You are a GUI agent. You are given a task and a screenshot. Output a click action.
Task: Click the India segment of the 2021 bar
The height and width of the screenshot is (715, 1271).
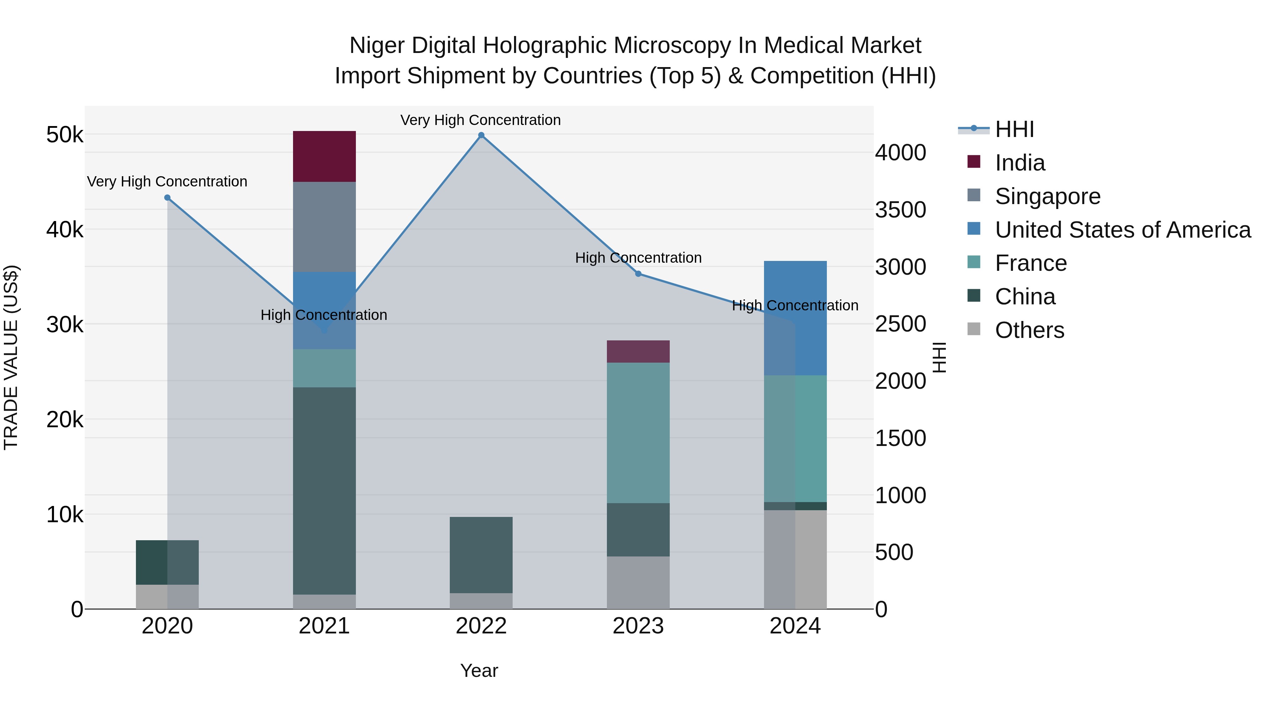pos(324,156)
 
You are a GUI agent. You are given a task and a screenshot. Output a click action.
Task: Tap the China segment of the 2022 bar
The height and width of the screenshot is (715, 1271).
pos(481,555)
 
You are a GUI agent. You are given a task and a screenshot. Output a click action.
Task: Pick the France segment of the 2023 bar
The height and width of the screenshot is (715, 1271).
pos(638,433)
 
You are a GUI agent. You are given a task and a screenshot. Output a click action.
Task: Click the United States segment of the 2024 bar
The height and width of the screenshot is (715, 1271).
pos(795,318)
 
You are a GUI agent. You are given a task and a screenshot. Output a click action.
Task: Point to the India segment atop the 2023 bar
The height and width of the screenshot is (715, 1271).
pos(638,351)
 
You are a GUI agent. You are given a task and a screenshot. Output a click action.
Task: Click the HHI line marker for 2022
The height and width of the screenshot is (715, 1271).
pos(481,135)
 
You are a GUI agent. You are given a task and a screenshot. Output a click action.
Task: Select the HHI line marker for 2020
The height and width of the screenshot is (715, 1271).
pos(167,198)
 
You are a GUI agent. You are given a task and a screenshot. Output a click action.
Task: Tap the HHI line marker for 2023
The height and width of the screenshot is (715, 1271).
pos(638,274)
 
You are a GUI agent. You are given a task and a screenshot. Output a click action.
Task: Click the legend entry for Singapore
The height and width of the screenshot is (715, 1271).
pos(1047,196)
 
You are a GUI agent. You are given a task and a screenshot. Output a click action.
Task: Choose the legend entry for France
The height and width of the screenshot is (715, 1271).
pos(1030,263)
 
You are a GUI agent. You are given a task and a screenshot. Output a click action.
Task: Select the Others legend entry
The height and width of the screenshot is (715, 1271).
pos(1029,330)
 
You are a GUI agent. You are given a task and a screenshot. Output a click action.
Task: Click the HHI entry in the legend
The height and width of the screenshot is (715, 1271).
pos(1014,129)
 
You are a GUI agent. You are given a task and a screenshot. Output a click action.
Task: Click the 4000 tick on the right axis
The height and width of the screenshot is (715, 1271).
pos(900,153)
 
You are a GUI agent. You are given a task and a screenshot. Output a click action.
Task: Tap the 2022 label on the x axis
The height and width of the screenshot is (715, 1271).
pos(481,626)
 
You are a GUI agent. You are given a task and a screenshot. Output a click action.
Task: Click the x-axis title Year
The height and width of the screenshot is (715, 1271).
pos(479,671)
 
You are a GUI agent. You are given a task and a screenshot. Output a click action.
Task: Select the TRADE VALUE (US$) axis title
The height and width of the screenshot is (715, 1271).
pos(11,357)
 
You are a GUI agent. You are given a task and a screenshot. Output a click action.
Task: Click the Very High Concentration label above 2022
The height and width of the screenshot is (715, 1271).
pos(481,120)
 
